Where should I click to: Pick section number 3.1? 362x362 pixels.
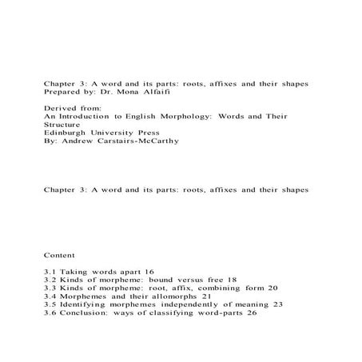tap(50, 272)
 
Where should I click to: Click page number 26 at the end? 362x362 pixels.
tap(253, 312)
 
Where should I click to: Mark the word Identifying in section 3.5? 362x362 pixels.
tap(82, 304)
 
